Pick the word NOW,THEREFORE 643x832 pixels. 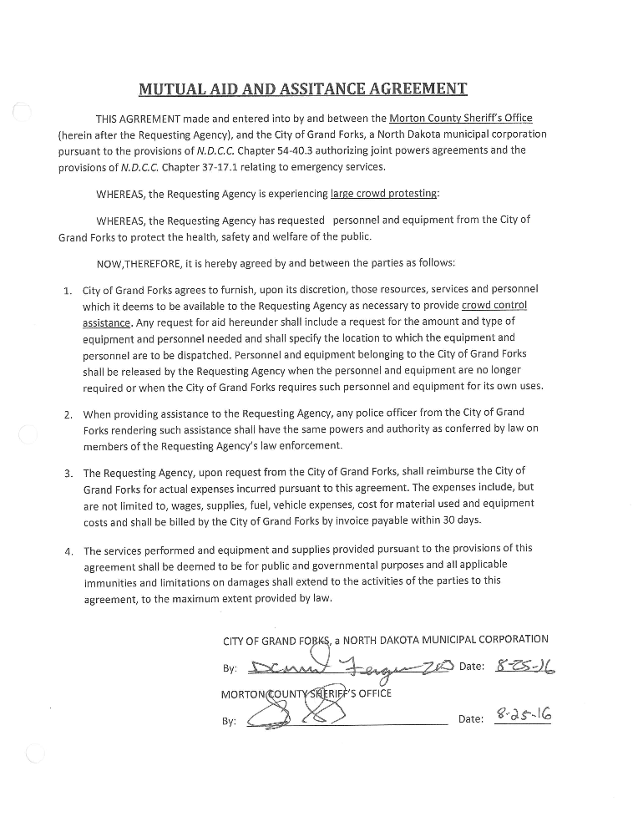(134, 263)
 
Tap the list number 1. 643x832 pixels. (67, 291)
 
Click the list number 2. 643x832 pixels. (67, 413)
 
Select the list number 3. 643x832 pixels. (67, 473)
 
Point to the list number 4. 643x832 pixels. (67, 551)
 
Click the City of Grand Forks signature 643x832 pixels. (351, 666)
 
